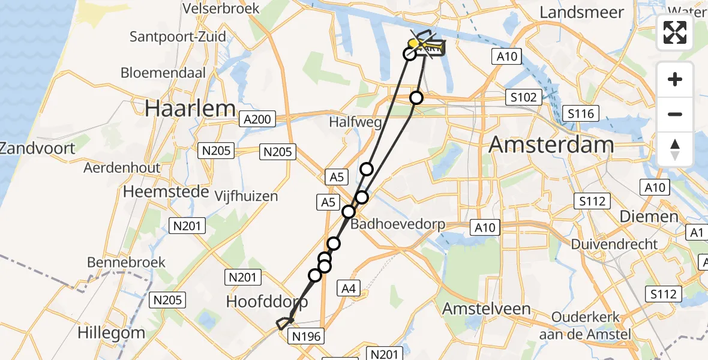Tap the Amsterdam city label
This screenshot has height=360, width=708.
click(551, 145)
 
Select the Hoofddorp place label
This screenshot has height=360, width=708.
click(267, 301)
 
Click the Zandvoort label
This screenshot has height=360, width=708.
click(38, 148)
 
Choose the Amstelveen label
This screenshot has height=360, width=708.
click(487, 309)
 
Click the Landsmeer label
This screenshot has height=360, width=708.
click(582, 12)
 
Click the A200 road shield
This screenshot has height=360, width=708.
click(257, 119)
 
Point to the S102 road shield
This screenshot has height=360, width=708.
click(524, 97)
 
